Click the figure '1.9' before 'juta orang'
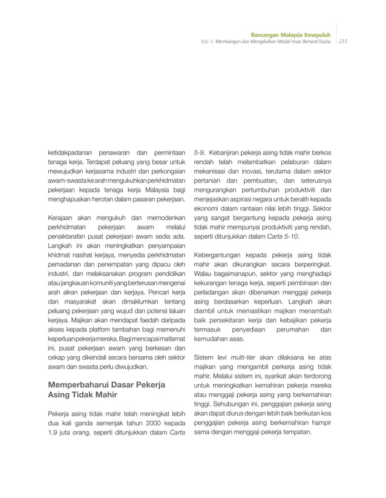point(53,433)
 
